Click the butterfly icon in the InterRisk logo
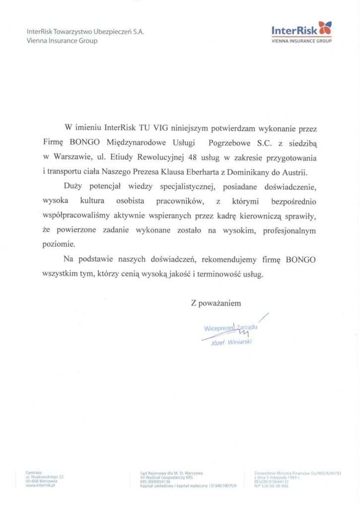click(325, 29)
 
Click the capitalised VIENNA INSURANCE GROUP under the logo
click(301, 41)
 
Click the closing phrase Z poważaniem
click(216, 302)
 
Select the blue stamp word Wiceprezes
click(218, 328)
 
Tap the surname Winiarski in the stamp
click(238, 342)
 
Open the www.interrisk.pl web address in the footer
click(40, 485)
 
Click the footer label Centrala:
click(35, 473)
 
